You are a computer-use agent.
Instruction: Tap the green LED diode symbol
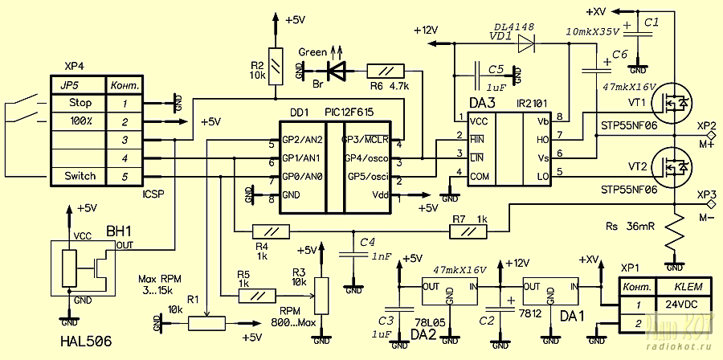[341, 71]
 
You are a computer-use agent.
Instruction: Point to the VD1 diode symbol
[526, 45]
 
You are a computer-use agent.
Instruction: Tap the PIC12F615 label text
[348, 113]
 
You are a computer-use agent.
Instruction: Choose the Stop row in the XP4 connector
[80, 103]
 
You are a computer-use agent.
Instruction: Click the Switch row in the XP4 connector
[80, 176]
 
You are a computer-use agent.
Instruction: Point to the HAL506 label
[85, 342]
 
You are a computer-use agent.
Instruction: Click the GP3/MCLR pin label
[366, 139]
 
